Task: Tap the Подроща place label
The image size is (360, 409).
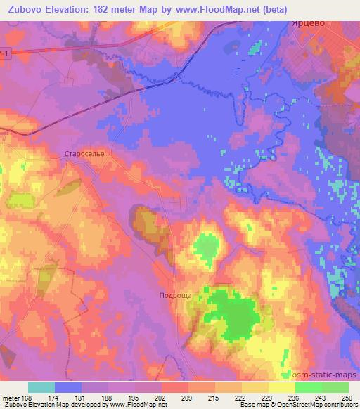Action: (174, 297)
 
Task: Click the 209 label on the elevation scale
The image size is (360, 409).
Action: (188, 398)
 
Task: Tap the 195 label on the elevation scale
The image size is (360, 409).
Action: (134, 398)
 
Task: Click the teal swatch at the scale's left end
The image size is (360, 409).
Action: (41, 387)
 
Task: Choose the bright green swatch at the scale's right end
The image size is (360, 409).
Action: (335, 387)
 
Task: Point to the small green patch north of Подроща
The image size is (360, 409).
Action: (205, 246)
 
